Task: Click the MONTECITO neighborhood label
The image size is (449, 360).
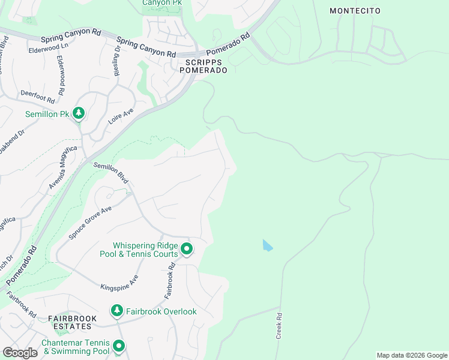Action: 355,11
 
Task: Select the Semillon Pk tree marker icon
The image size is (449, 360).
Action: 78,113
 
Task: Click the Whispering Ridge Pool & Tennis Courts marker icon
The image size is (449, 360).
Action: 187,248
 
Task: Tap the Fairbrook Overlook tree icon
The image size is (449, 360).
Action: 116,311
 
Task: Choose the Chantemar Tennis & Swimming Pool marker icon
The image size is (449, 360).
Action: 119,346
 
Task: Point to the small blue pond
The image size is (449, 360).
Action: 267,245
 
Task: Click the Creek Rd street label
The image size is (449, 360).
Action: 279,326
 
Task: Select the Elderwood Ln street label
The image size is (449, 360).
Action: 49,47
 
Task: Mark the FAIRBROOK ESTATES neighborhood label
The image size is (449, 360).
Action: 70,322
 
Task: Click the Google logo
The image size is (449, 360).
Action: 20,353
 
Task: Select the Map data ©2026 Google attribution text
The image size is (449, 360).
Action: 412,355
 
